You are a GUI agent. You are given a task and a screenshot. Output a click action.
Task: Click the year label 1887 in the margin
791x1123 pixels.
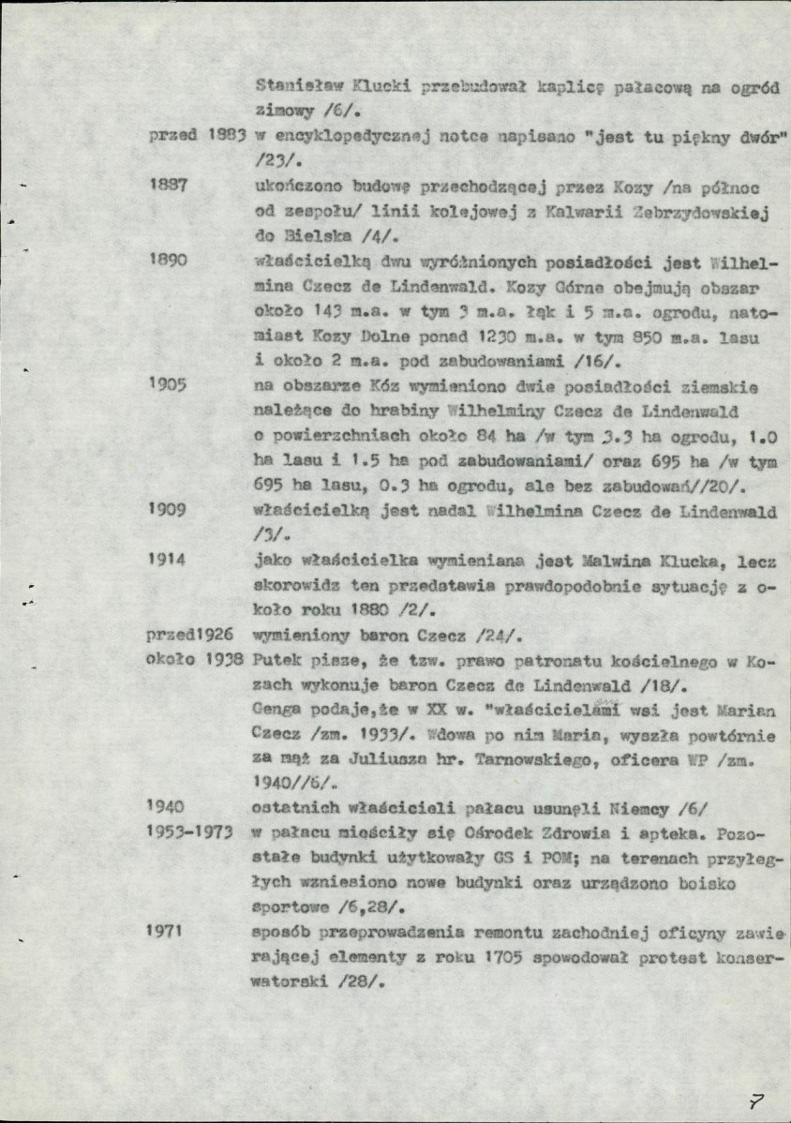click(169, 186)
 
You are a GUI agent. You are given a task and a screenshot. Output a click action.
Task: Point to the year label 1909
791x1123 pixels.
click(169, 510)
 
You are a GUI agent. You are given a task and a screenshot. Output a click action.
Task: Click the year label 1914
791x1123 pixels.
click(169, 561)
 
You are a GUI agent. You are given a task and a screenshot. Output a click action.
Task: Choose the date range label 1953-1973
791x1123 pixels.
click(189, 831)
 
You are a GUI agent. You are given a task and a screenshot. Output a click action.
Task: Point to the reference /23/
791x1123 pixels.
click(272, 160)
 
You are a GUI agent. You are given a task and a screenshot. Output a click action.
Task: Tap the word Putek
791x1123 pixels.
click(277, 662)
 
